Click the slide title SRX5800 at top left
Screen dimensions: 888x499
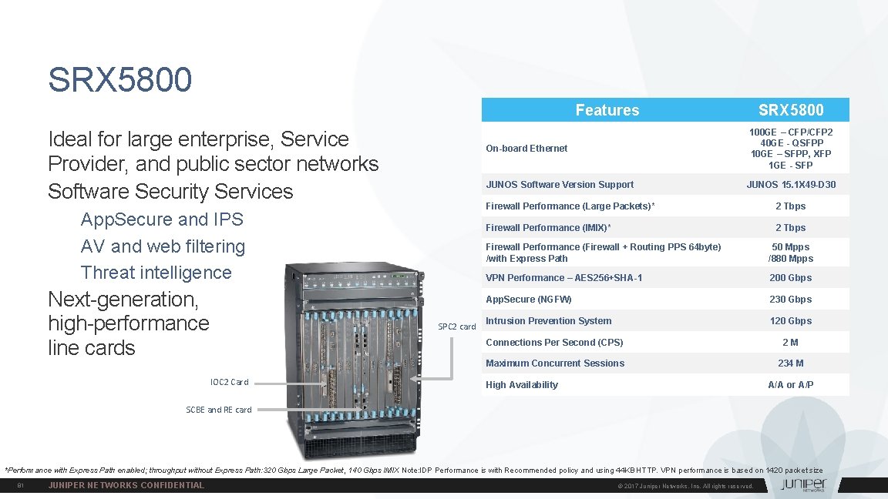tap(119, 79)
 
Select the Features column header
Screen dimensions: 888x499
tap(607, 110)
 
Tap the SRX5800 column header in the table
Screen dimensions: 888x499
tap(790, 110)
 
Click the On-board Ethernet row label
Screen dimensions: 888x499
tap(526, 149)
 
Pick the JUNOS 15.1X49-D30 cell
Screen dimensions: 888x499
tap(790, 185)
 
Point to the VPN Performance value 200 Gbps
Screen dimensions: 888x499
tap(790, 278)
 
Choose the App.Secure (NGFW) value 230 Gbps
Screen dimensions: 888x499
tap(790, 300)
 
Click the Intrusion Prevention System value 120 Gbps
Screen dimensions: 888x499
tap(790, 321)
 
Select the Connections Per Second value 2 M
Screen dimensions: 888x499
tap(790, 343)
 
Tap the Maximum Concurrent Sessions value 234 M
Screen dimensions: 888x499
tap(790, 363)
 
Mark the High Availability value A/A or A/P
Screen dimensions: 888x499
tap(790, 385)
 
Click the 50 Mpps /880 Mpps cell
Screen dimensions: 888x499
tap(790, 253)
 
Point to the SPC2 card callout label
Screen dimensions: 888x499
tap(457, 327)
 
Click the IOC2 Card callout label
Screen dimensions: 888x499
tap(229, 382)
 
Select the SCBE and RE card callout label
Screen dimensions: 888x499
tap(219, 410)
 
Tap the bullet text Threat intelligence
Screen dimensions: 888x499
tap(156, 273)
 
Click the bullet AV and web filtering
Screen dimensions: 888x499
tap(163, 246)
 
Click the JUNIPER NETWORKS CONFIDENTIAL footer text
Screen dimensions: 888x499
tap(126, 485)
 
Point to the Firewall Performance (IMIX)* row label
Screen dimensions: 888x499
tap(548, 228)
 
